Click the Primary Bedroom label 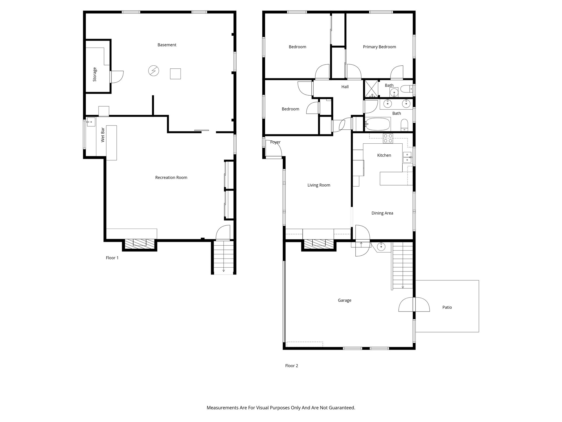379,47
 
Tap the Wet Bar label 103,135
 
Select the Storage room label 95,74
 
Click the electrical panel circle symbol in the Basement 153,71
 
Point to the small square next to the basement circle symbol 175,74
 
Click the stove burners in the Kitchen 388,138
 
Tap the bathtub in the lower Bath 378,124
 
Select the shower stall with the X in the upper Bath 371,88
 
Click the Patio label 447,307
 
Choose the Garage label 344,300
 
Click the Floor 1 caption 112,258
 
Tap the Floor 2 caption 291,366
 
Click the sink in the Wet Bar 91,122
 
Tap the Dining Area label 382,213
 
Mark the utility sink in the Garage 382,247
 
